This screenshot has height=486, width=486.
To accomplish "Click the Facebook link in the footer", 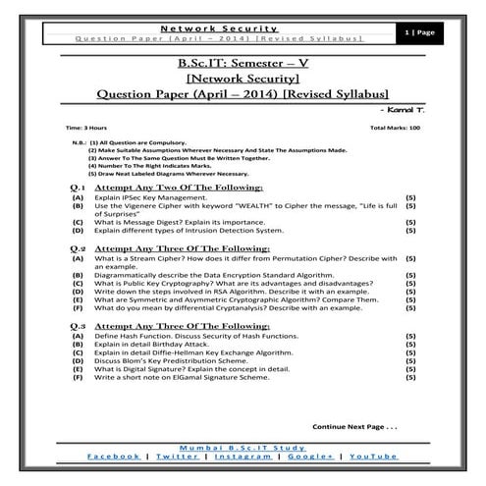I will tap(114, 457).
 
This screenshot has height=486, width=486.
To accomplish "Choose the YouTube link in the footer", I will tap(372, 457).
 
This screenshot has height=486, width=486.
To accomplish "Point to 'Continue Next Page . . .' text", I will tap(354, 427).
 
